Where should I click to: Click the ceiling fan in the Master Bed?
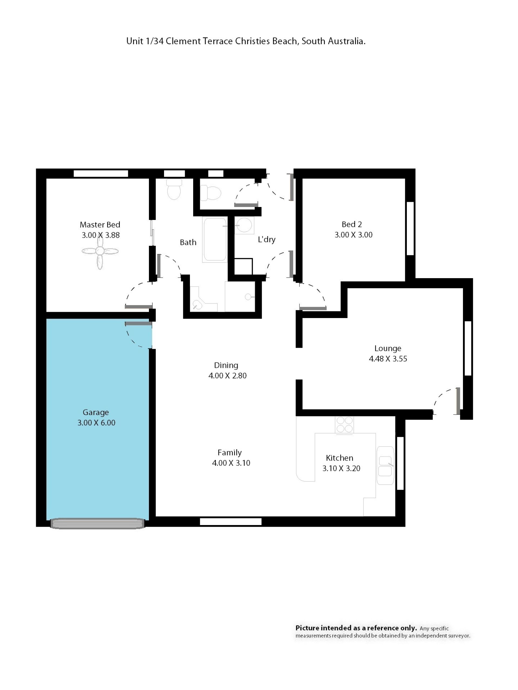coord(100,251)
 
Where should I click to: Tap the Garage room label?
coord(96,412)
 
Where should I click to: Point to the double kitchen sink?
coord(385,465)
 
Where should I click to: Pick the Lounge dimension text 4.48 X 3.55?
coord(388,359)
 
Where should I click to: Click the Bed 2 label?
coord(352,224)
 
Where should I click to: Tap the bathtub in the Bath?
coord(215,240)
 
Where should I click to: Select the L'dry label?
coord(267,240)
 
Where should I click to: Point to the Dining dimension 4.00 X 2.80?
coord(228,375)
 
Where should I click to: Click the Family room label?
coord(230,453)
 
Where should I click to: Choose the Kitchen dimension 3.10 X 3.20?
coord(341,468)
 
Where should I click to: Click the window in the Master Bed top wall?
coord(101,173)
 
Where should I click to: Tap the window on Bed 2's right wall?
coord(410,229)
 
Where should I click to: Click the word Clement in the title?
coord(183,41)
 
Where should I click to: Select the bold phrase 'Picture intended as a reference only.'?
coord(356,628)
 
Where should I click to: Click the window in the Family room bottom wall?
coord(230,522)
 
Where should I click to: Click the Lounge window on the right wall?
coord(468,348)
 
